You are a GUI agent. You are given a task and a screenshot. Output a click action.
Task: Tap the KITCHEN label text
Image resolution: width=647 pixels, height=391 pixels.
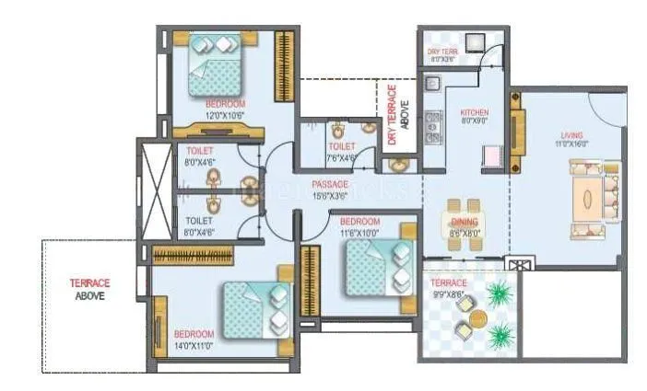(x=475, y=112)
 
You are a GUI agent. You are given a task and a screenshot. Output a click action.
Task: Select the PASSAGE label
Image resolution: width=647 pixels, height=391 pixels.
(x=330, y=185)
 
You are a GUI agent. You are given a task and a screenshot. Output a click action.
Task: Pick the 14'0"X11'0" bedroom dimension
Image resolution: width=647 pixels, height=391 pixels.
(x=194, y=344)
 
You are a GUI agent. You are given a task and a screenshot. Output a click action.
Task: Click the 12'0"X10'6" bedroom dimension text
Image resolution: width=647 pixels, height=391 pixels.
(x=225, y=114)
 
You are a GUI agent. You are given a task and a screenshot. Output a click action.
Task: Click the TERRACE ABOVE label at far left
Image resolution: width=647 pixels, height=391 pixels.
(x=90, y=290)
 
